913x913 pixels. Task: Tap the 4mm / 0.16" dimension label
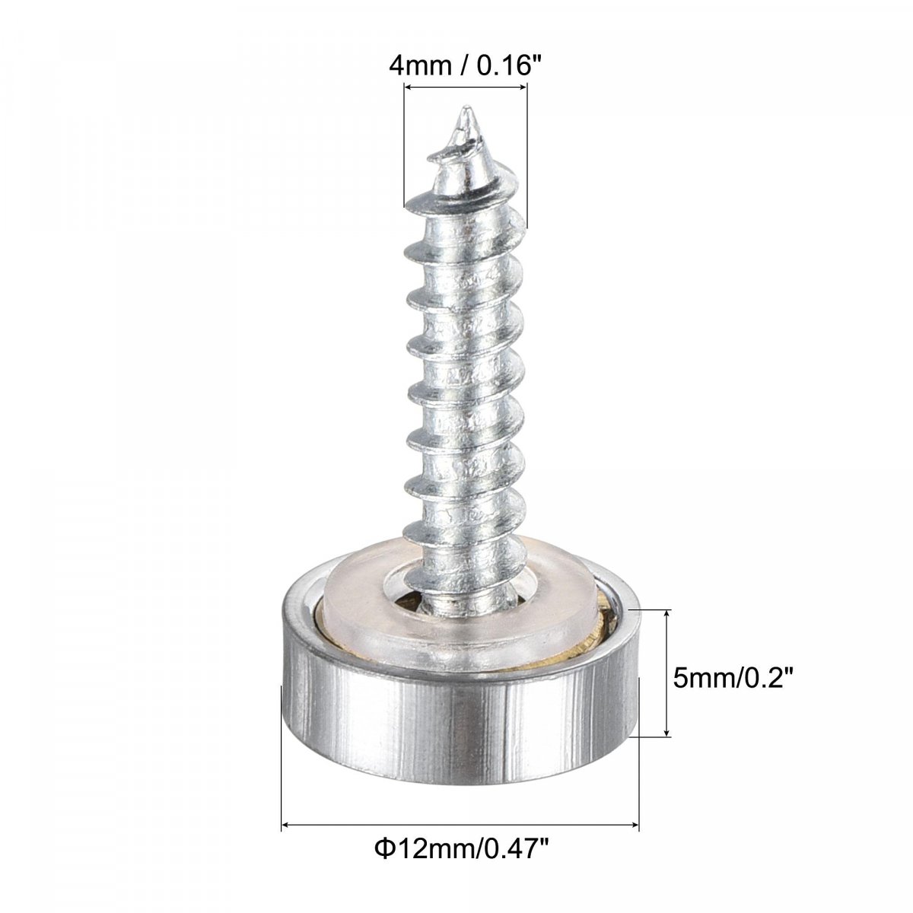click(464, 65)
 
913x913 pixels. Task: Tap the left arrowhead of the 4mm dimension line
click(408, 86)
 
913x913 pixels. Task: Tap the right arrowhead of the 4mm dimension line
click(522, 86)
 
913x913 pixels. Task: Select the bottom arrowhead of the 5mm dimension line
click(666, 731)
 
